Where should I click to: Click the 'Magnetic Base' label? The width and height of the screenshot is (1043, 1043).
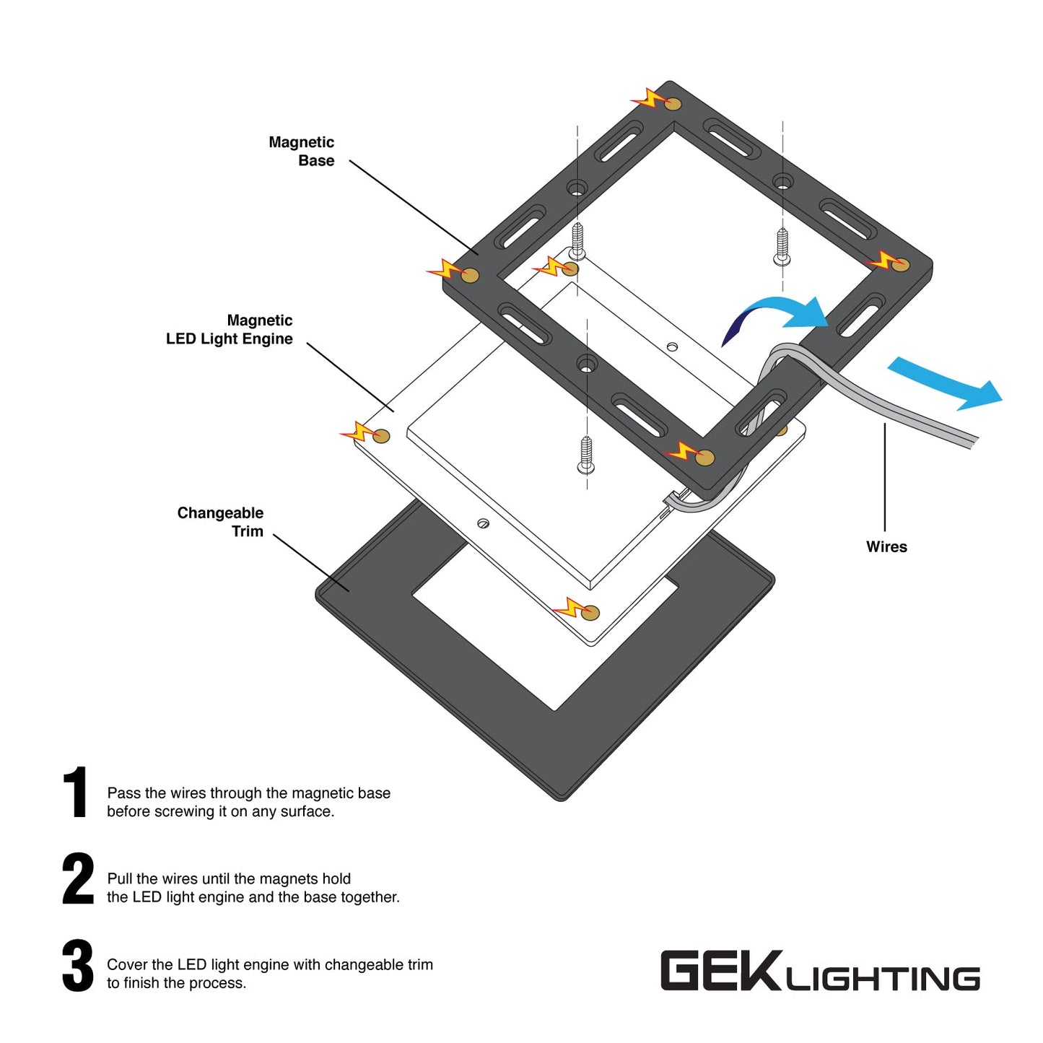coord(301,152)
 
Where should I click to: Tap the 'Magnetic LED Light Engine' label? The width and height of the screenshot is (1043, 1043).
coord(230,330)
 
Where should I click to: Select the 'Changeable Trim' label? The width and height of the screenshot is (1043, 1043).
coord(220,522)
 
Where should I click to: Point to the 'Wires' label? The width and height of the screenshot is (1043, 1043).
coord(886,546)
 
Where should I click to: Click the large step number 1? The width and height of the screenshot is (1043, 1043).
coord(75,793)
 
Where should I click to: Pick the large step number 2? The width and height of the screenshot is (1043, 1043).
coord(77,878)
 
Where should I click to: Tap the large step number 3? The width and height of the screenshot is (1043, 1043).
coord(77,965)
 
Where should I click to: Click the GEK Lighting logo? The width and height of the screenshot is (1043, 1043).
coord(819,972)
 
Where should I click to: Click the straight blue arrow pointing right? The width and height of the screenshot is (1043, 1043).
coord(946,383)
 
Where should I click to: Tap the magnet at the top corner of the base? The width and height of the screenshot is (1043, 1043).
coord(673,104)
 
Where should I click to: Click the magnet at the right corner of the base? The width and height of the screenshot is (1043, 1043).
coord(900,265)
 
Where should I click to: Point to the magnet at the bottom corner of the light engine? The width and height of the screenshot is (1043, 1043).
coord(590,613)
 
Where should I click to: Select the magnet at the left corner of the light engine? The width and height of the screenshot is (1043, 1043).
coord(381,436)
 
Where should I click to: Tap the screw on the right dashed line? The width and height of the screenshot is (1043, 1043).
coord(782,245)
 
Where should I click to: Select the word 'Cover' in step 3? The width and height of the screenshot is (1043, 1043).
coord(126,965)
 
